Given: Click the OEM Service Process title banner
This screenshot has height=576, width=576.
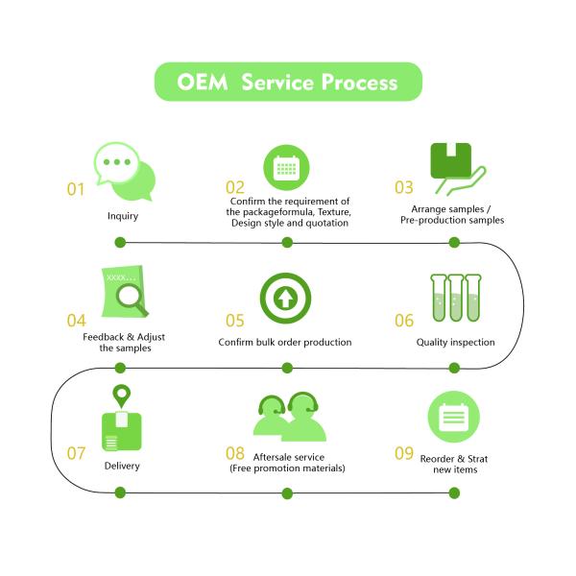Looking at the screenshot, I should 288,82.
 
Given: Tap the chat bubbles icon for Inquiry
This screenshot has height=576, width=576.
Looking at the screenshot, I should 124,170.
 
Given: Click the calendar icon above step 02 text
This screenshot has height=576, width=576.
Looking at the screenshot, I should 286,168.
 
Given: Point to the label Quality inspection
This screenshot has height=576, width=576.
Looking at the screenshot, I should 455,342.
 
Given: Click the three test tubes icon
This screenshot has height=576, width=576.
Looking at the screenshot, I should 455,299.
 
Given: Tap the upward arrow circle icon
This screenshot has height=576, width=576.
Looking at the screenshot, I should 285,299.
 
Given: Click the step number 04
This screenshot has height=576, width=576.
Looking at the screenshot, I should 77,319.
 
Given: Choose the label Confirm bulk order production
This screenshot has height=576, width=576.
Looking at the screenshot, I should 285,342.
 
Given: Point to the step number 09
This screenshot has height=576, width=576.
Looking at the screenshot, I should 405,451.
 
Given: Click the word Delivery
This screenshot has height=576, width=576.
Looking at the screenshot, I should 122,466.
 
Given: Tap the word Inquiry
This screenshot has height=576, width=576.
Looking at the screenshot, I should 123,216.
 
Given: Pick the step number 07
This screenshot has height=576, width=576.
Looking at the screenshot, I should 77,451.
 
